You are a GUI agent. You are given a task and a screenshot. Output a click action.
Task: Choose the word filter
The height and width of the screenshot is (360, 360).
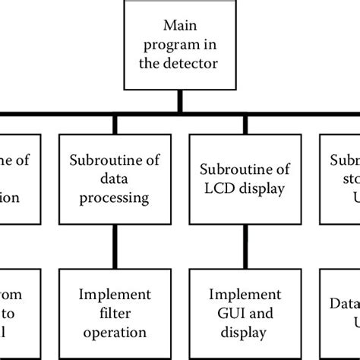115,313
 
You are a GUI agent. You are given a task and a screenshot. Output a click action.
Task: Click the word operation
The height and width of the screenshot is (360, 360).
115,331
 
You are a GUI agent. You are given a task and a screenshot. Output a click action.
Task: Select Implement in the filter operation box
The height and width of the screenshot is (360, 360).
115,294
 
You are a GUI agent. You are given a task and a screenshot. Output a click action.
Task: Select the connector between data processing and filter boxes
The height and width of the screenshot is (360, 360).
115,245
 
